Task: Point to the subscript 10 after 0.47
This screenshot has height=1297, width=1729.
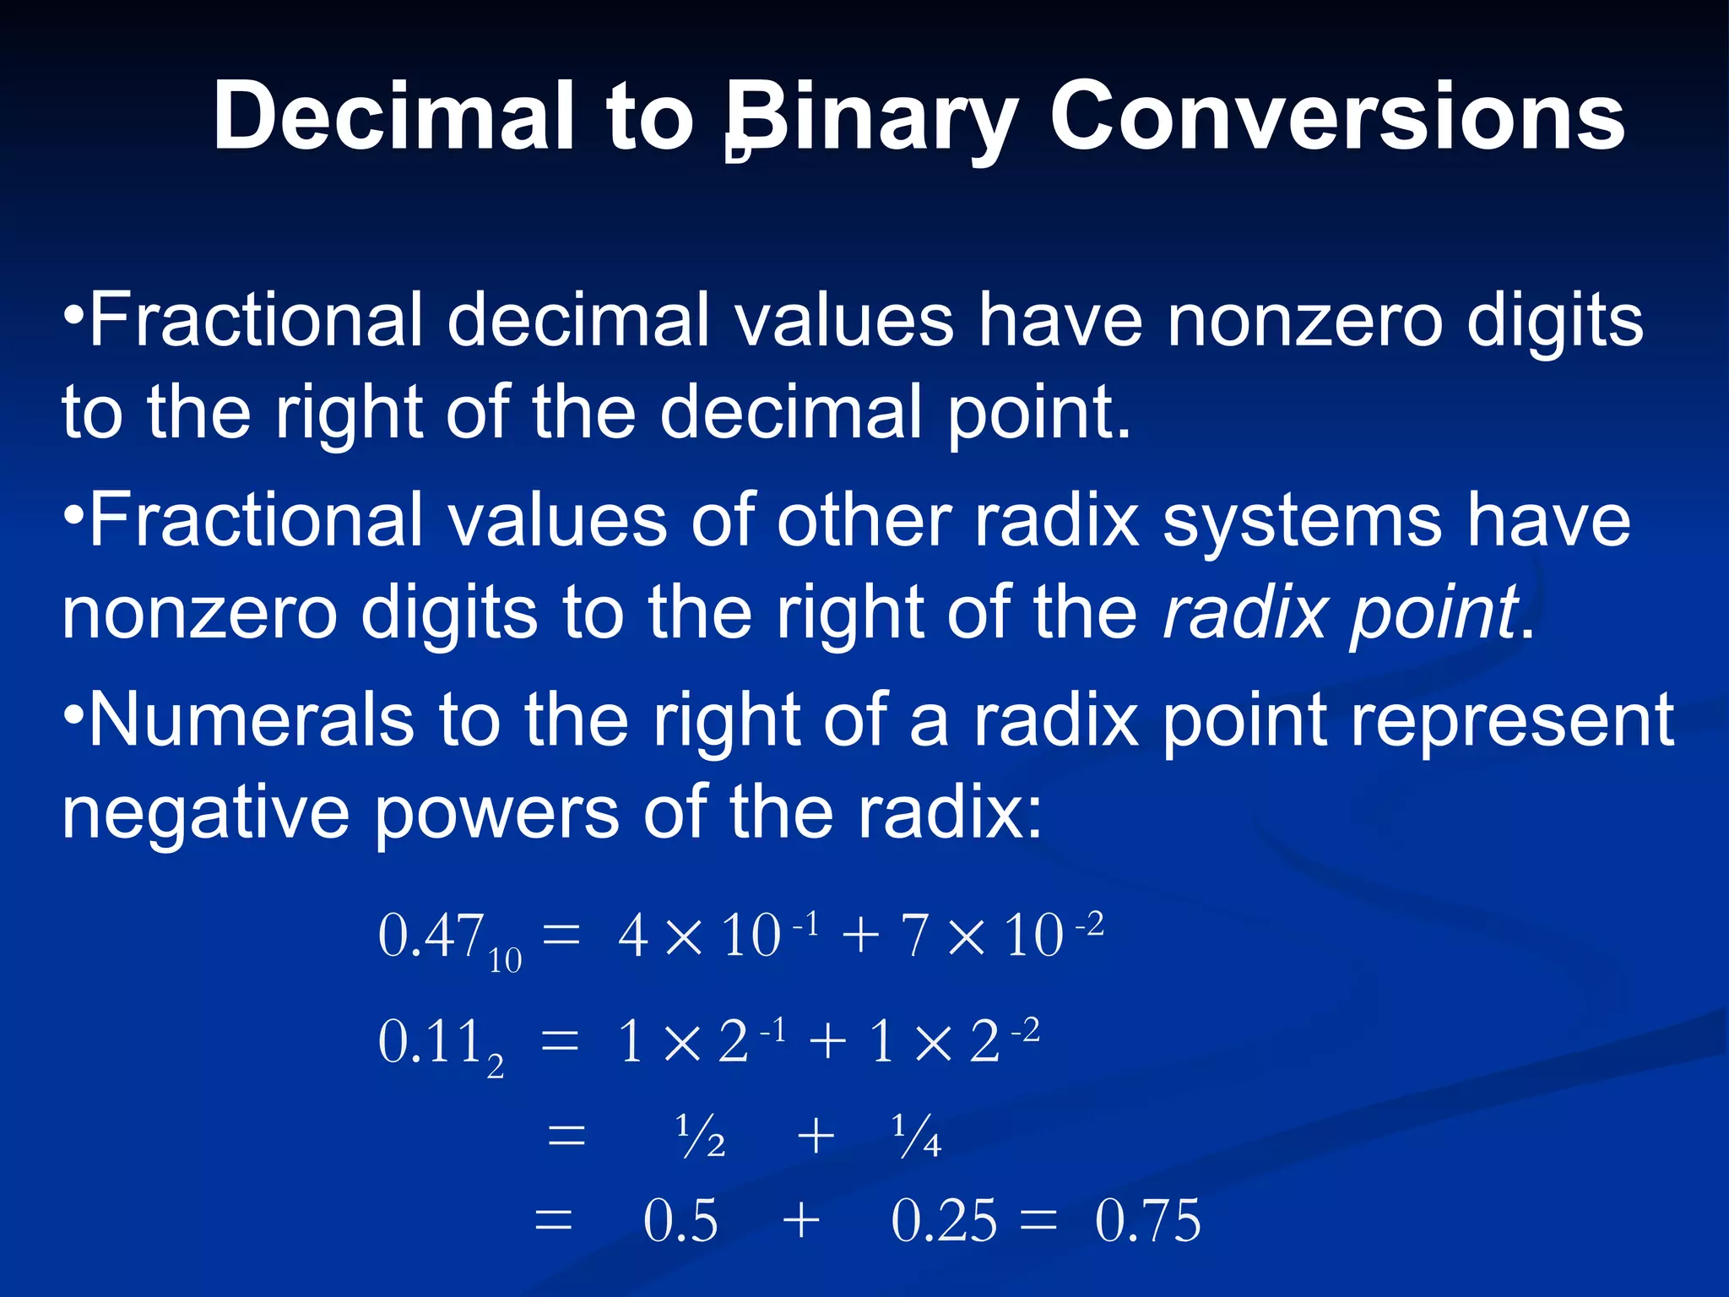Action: click(505, 961)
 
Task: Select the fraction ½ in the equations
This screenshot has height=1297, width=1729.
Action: click(701, 1135)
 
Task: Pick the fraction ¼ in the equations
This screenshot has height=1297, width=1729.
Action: click(916, 1135)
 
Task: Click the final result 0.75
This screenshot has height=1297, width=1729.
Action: click(1147, 1220)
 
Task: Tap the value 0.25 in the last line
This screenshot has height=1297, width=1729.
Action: click(944, 1220)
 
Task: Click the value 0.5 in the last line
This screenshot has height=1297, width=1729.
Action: click(680, 1220)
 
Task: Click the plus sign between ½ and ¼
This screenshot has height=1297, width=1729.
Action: click(816, 1135)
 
